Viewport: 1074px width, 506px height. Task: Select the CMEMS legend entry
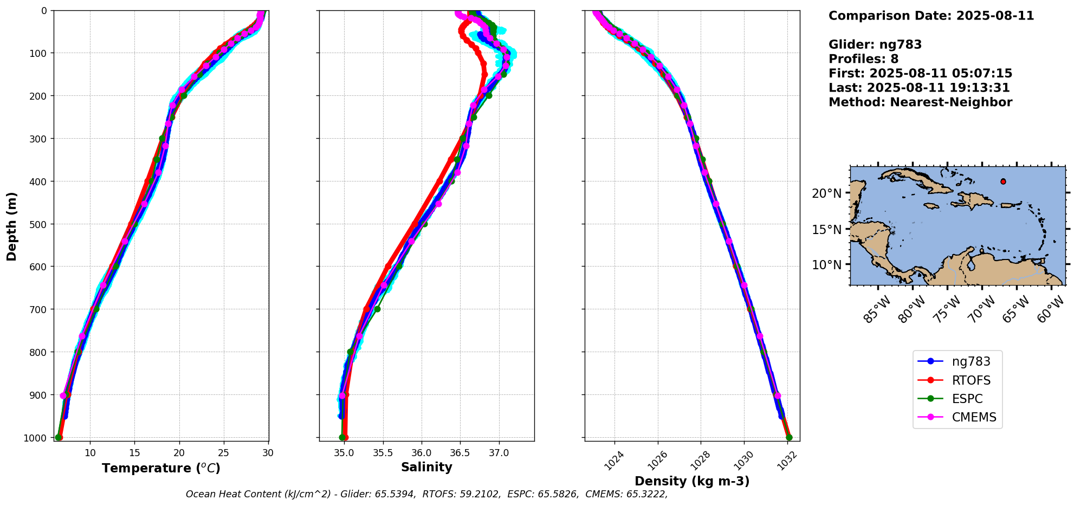pyautogui.click(x=974, y=417)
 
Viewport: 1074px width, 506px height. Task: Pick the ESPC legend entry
pyautogui.click(x=967, y=399)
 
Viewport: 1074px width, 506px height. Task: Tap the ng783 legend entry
pyautogui.click(x=971, y=362)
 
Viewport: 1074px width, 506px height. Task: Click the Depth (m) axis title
pyautogui.click(x=11, y=226)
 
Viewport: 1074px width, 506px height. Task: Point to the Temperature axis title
pyautogui.click(x=161, y=468)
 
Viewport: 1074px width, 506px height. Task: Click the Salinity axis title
pyautogui.click(x=426, y=467)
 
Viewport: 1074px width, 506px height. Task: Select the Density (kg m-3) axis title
pyautogui.click(x=692, y=481)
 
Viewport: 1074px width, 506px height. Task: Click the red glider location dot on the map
pyautogui.click(x=1003, y=181)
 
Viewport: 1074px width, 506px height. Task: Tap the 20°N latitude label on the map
pyautogui.click(x=826, y=193)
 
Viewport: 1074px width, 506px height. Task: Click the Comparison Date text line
pyautogui.click(x=931, y=16)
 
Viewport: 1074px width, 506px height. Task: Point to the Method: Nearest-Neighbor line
pyautogui.click(x=920, y=102)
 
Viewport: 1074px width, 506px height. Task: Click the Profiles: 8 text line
pyautogui.click(x=863, y=59)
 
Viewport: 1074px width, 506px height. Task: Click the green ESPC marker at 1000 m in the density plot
pyautogui.click(x=789, y=437)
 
